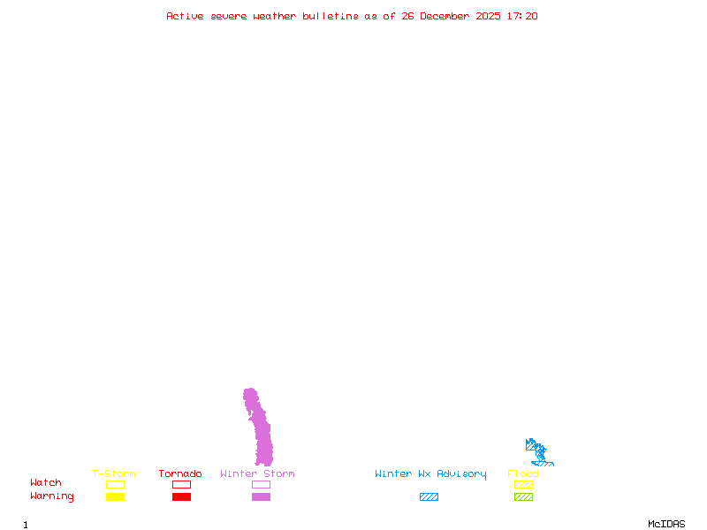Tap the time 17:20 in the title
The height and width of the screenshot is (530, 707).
pyautogui.click(x=521, y=16)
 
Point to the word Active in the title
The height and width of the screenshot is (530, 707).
pyautogui.click(x=185, y=16)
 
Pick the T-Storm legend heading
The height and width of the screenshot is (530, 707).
pyautogui.click(x=114, y=474)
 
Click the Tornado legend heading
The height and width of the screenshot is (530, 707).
pyautogui.click(x=180, y=474)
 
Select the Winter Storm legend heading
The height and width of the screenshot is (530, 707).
pyautogui.click(x=257, y=474)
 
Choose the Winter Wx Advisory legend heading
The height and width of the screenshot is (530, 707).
pyautogui.click(x=430, y=474)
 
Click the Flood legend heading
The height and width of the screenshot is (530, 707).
pyautogui.click(x=523, y=474)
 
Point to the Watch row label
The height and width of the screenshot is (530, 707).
pyautogui.click(x=46, y=483)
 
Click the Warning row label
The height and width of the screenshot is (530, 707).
pyautogui.click(x=52, y=496)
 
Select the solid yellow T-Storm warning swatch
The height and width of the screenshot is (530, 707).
pyautogui.click(x=115, y=497)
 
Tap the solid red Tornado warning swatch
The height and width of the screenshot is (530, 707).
pyautogui.click(x=181, y=497)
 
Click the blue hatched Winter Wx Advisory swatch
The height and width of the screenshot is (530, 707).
pyautogui.click(x=429, y=497)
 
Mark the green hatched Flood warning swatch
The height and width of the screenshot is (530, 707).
pyautogui.click(x=523, y=497)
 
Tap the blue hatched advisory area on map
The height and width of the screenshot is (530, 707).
pyautogui.click(x=538, y=454)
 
